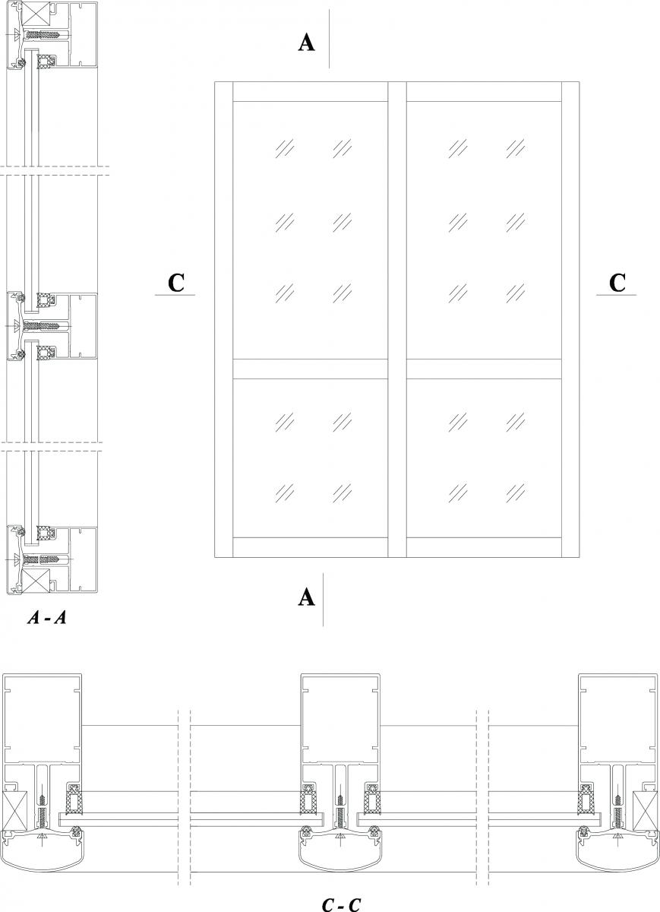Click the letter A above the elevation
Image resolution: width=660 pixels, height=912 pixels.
pyautogui.click(x=306, y=43)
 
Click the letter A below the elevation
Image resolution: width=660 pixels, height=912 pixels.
pyautogui.click(x=306, y=597)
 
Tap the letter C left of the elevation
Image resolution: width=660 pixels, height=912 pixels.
pyautogui.click(x=175, y=282)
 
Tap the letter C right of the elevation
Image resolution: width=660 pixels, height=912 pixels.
pyautogui.click(x=617, y=282)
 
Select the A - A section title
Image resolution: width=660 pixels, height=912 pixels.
pyautogui.click(x=47, y=618)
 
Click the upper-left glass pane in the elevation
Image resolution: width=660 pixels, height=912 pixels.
pyautogui.click(x=310, y=230)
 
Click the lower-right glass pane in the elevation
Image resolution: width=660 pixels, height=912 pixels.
pyautogui.click(x=485, y=458)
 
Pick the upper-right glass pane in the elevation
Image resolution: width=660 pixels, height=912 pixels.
pyautogui.click(x=485, y=230)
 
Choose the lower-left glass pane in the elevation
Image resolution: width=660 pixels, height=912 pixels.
pyautogui.click(x=310, y=458)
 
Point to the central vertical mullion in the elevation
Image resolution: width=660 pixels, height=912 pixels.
pyautogui.click(x=397, y=319)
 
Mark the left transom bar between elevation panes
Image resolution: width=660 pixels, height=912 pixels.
pyautogui.click(x=310, y=369)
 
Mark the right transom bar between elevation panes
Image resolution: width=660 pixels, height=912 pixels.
pyautogui.click(x=485, y=369)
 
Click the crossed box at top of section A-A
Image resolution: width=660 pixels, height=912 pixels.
pyautogui.click(x=36, y=15)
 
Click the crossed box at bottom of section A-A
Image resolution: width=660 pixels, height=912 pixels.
pyautogui.click(x=36, y=581)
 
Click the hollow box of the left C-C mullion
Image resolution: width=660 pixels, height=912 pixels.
pyautogui.click(x=43, y=717)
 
